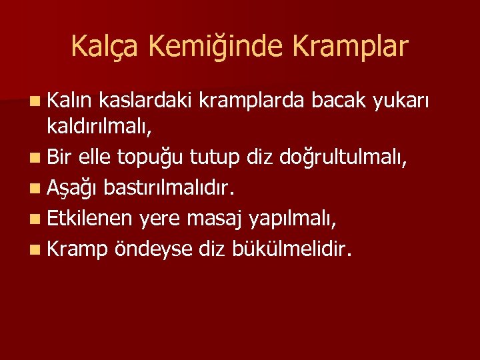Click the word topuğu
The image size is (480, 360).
point(151,158)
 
